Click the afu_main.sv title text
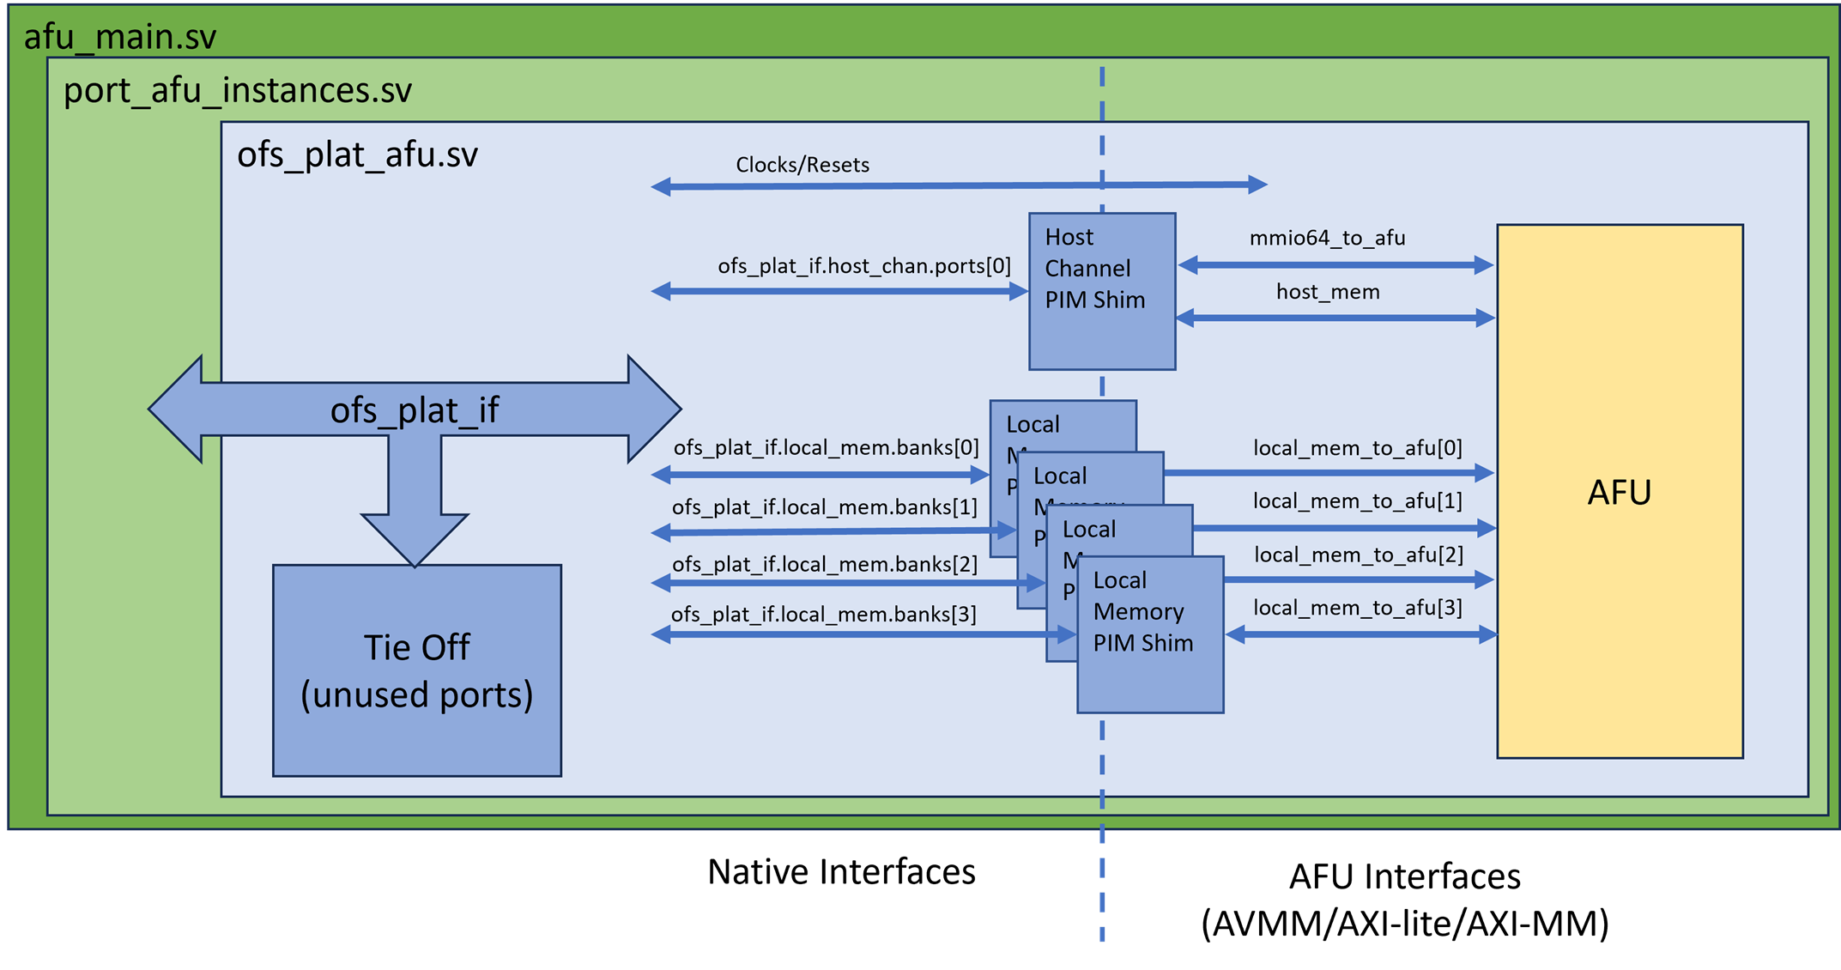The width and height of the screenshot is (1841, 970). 120,37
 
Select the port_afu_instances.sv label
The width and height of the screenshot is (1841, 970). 238,90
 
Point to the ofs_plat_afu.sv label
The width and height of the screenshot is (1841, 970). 357,155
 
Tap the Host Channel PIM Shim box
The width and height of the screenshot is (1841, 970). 1102,291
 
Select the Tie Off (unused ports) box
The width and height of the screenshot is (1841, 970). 417,670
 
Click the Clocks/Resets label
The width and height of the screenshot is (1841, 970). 802,165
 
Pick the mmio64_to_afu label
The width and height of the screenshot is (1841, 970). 1327,238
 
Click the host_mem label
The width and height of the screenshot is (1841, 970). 1328,292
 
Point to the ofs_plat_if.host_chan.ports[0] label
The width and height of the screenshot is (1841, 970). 864,266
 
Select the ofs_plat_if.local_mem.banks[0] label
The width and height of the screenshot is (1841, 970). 826,447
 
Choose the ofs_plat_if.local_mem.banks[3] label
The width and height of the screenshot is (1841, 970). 824,615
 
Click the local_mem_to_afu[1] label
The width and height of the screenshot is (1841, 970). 1357,500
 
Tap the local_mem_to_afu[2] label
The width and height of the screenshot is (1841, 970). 1359,555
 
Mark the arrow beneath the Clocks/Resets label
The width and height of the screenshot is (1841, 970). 959,185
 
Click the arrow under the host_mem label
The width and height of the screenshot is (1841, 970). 1335,318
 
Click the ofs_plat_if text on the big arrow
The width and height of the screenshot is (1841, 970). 415,410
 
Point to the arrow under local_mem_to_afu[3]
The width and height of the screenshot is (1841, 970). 1361,635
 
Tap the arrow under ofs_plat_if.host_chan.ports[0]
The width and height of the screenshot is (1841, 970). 839,292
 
